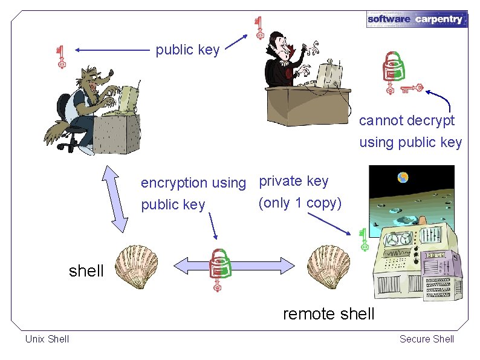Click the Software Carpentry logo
click(417, 19)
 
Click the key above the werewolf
click(60, 56)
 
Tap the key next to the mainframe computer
click(363, 240)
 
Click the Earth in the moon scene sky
click(403, 178)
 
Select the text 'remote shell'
click(329, 314)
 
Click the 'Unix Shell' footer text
click(47, 339)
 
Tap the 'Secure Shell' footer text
click(427, 339)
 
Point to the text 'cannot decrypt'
click(407, 120)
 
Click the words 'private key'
click(294, 181)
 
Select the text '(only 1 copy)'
click(300, 203)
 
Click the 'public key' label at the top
click(187, 50)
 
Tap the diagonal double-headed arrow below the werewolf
click(115, 198)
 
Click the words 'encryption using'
click(193, 183)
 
